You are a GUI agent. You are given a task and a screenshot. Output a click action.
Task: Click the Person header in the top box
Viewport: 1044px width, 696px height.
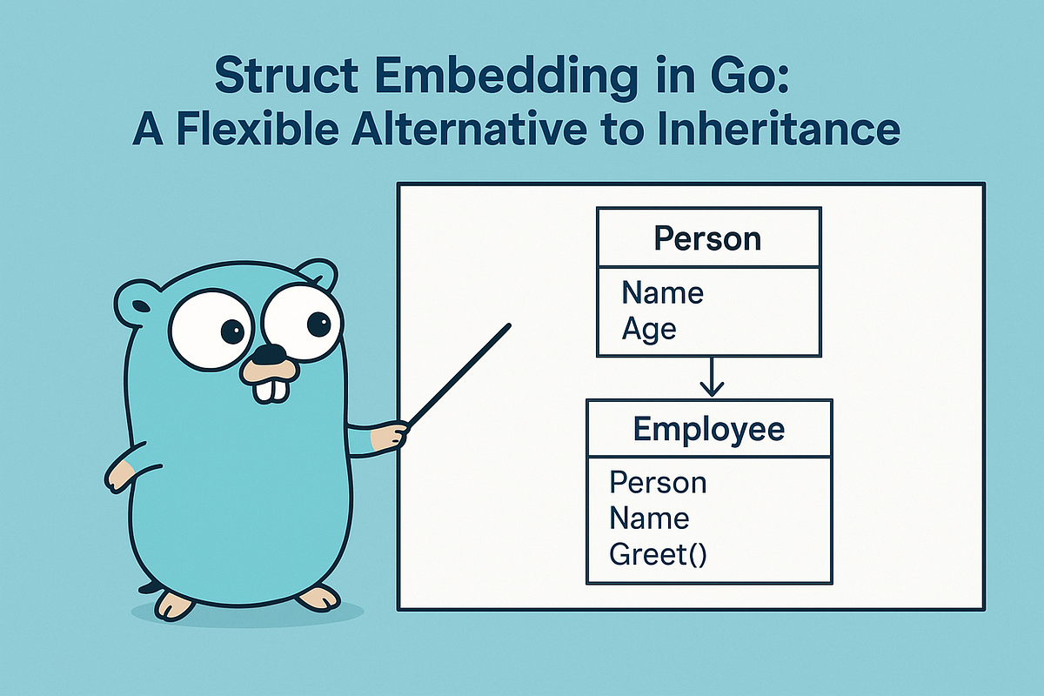pyautogui.click(x=707, y=238)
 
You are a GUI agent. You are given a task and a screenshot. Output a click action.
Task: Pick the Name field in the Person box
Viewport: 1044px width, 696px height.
pyautogui.click(x=662, y=293)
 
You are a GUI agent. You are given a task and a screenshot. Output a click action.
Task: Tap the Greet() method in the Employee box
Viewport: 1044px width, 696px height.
pyautogui.click(x=658, y=554)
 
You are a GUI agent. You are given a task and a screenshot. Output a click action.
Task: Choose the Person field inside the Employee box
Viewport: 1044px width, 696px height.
pyautogui.click(x=658, y=482)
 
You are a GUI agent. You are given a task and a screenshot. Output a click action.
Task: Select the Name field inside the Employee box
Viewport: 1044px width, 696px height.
pyautogui.click(x=649, y=519)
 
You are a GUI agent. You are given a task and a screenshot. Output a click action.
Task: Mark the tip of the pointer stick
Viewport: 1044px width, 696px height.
pyautogui.click(x=506, y=326)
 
